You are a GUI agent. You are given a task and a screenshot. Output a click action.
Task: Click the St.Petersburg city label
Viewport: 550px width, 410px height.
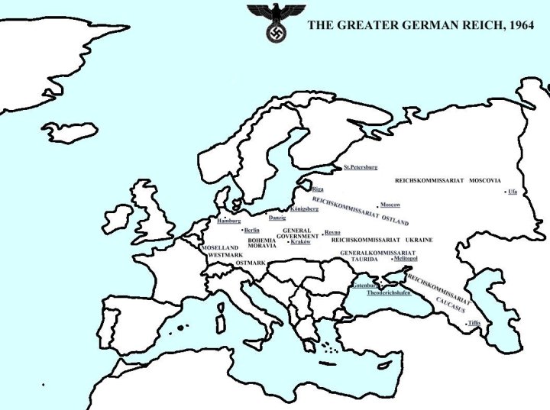pos(361,166)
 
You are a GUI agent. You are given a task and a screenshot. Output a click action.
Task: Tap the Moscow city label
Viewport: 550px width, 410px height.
pos(390,205)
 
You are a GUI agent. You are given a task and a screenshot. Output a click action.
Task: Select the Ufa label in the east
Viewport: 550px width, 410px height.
pos(513,192)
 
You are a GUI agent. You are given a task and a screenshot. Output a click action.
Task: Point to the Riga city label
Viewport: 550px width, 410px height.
pos(318,189)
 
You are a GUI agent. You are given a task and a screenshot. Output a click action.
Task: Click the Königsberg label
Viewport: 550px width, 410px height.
pos(304,208)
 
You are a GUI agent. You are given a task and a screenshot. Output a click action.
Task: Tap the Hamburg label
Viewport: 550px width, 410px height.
pos(229,221)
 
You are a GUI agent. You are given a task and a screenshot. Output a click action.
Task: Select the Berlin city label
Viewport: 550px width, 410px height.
pos(252,230)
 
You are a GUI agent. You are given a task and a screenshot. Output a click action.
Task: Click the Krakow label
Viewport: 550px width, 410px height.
pos(300,242)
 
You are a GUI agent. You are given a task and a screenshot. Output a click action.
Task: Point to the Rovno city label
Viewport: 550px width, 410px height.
pos(332,232)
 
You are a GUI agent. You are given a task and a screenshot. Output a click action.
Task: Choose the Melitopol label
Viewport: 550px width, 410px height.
pos(405,259)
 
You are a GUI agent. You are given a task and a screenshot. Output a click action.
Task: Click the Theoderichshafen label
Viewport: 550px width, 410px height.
pos(388,292)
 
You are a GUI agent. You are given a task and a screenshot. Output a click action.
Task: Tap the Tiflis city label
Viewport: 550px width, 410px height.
pos(474,324)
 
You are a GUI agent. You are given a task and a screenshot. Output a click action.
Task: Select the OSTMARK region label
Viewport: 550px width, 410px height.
pos(251,263)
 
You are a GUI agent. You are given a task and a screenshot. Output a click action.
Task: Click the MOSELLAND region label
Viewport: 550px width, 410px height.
pos(220,247)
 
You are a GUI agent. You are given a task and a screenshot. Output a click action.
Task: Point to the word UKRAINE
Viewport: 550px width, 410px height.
pos(419,240)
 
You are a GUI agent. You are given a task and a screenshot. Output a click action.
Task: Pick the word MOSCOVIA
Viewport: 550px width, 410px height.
pos(485,181)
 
